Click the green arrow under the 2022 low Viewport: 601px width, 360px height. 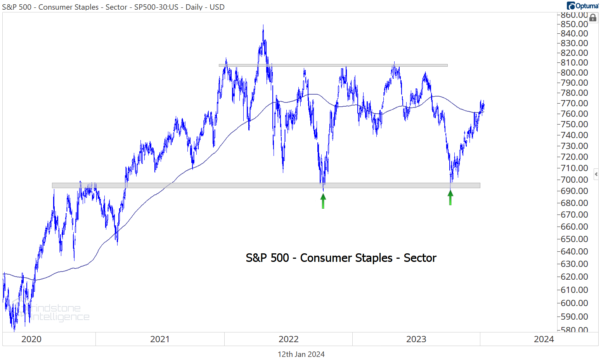click(x=323, y=201)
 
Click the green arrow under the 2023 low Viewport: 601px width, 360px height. click(x=450, y=197)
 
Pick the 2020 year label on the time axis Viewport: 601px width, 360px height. click(x=31, y=339)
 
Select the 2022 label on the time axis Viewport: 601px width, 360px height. click(x=288, y=339)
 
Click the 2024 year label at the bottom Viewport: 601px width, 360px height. click(x=544, y=339)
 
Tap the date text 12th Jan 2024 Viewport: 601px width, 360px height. click(x=301, y=354)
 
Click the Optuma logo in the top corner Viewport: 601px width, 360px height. click(x=582, y=5)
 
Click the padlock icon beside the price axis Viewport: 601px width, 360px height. click(x=593, y=18)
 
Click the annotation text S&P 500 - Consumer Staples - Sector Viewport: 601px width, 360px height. click(x=341, y=258)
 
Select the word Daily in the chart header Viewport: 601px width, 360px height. click(x=194, y=7)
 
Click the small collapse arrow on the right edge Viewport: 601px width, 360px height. click(x=596, y=174)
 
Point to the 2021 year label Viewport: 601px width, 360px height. click(x=160, y=339)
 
